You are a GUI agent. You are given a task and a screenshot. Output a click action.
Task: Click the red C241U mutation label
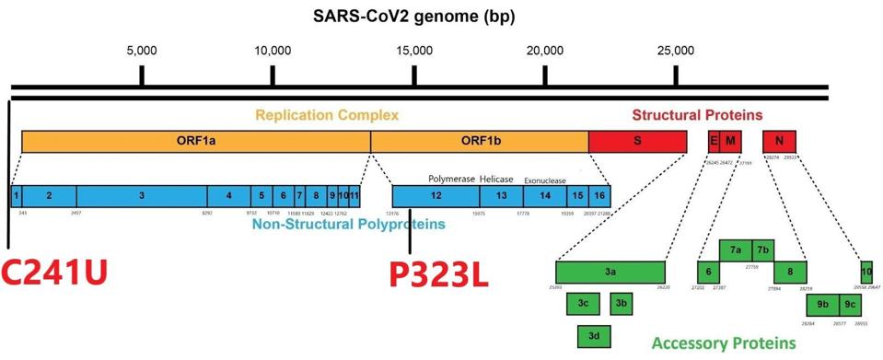(x=55, y=273)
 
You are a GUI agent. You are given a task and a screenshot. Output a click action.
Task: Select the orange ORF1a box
(x=195, y=141)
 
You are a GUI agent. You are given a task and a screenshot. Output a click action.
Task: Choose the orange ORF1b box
(x=479, y=141)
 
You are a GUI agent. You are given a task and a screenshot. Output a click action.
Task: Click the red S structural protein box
(x=637, y=141)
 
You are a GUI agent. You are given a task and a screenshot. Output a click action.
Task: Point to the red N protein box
(x=779, y=141)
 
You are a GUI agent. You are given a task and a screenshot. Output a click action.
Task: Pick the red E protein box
(x=713, y=141)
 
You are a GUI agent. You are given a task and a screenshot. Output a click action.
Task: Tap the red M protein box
(x=730, y=141)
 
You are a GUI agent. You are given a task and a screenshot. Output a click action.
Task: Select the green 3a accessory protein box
(x=610, y=272)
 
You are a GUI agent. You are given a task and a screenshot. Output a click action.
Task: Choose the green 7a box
(x=735, y=250)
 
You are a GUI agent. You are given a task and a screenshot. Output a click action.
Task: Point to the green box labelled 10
(x=866, y=272)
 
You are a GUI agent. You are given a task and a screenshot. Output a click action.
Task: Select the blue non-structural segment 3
(x=141, y=195)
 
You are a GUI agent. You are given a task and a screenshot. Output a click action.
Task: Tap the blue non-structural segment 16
(x=599, y=195)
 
